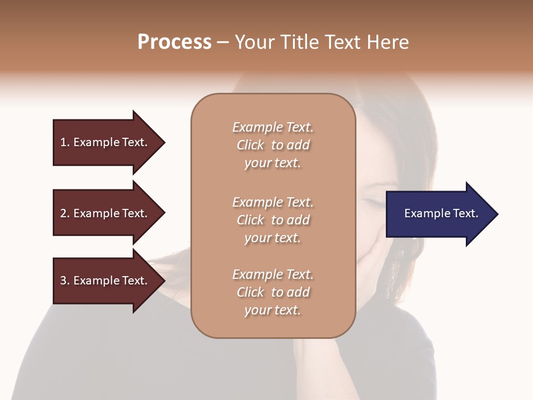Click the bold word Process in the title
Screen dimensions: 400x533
coord(174,42)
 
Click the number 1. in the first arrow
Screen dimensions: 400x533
coord(65,142)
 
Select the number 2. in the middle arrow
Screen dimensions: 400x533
coord(65,213)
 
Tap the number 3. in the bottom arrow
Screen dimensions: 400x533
coord(65,281)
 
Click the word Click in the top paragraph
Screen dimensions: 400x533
coord(250,146)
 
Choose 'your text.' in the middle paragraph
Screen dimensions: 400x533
coord(273,238)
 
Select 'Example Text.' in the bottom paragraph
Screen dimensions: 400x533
coord(273,274)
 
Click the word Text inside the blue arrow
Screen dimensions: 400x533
coord(466,213)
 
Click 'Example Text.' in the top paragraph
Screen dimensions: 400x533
coord(273,127)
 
